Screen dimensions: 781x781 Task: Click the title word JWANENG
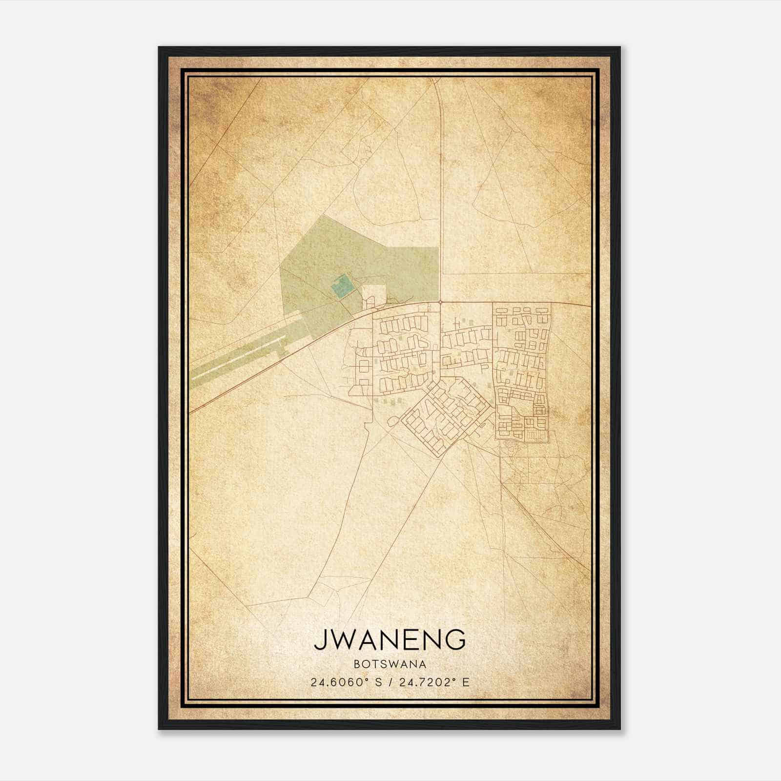point(390,640)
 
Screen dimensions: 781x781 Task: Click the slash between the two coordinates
point(389,682)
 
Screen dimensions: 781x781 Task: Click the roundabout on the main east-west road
point(440,302)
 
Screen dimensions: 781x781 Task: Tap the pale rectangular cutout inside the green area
point(374,296)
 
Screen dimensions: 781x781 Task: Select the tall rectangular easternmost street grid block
point(521,371)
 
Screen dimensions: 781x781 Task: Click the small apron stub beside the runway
point(281,350)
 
